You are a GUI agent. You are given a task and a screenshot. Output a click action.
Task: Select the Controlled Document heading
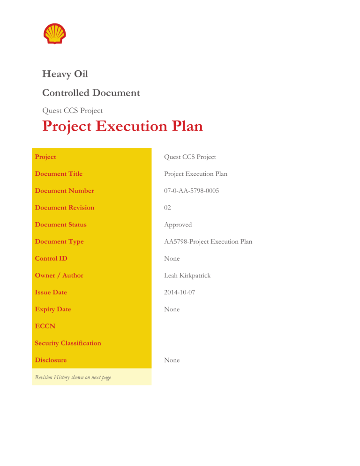click(x=91, y=93)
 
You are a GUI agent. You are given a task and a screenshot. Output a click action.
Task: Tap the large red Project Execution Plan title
click(x=122, y=127)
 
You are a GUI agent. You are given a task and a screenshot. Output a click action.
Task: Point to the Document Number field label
click(x=64, y=191)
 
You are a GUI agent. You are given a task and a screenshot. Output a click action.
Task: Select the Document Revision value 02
click(x=168, y=208)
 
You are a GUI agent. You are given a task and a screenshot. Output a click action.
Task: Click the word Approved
click(x=178, y=225)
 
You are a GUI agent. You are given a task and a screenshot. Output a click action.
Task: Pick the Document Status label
click(x=61, y=225)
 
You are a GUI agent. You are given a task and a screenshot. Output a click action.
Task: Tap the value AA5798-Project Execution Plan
click(x=208, y=241)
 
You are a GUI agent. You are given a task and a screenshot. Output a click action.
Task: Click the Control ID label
click(x=51, y=258)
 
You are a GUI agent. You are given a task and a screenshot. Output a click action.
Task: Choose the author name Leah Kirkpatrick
click(x=187, y=275)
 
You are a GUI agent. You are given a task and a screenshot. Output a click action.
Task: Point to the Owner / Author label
click(x=59, y=275)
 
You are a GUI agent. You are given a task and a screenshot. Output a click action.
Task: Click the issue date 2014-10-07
click(x=181, y=292)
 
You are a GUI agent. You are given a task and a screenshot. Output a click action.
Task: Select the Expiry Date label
click(x=53, y=309)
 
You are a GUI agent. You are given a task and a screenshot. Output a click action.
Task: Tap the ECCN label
click(x=45, y=326)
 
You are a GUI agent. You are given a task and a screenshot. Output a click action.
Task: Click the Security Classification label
click(x=68, y=343)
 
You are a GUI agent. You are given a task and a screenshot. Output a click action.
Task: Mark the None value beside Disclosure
click(x=172, y=360)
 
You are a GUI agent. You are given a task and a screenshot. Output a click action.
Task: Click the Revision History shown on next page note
click(x=73, y=377)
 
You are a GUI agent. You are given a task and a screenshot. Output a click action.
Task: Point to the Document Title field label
click(x=59, y=174)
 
